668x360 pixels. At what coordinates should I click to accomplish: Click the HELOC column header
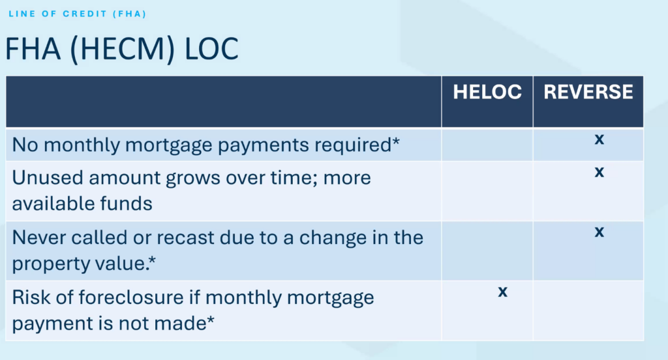tap(487, 92)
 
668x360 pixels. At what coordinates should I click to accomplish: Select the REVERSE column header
tap(588, 92)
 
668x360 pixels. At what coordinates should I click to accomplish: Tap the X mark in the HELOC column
tap(503, 292)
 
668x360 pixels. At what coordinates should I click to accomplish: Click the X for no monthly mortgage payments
tap(600, 140)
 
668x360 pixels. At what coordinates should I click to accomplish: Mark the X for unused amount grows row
tap(600, 172)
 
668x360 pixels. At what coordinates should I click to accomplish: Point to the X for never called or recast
tap(600, 232)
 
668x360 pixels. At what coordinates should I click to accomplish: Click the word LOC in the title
tap(211, 48)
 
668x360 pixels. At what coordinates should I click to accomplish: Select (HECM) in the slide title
tap(122, 50)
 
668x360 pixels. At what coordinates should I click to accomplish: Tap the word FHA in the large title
tap(33, 48)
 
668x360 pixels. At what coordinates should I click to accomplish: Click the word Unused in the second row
tap(47, 177)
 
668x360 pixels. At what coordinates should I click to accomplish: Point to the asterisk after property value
tap(152, 260)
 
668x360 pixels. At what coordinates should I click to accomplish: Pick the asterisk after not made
tap(211, 320)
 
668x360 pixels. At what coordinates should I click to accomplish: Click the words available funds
tap(82, 203)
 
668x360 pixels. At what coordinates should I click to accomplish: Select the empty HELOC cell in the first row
tap(487, 145)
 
